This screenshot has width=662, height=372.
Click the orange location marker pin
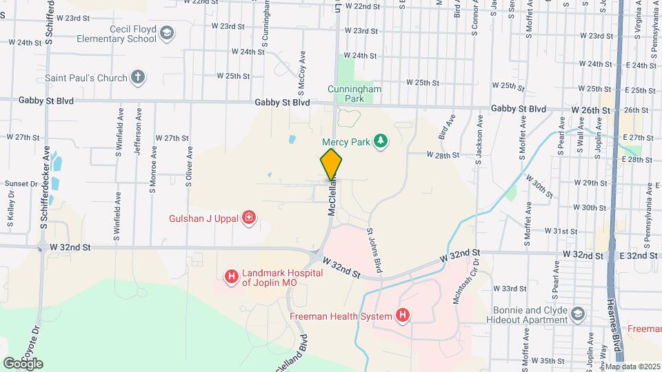[331, 164]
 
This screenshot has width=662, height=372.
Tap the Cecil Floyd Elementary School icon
[166, 32]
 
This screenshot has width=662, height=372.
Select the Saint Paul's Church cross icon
[139, 77]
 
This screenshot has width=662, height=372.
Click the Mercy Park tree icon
[380, 141]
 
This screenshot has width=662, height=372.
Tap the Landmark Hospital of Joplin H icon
[232, 278]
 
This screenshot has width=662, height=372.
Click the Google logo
[23, 363]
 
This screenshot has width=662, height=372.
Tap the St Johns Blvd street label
[374, 249]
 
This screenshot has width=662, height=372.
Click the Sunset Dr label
[21, 184]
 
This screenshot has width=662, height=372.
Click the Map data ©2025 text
[632, 366]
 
